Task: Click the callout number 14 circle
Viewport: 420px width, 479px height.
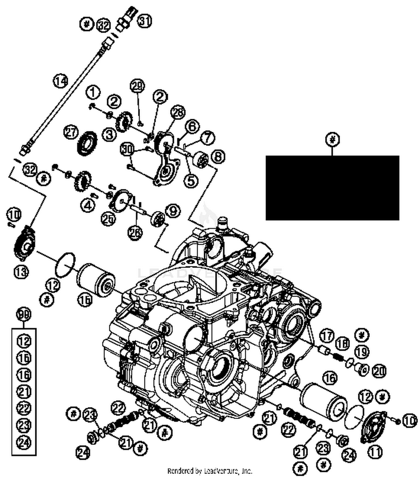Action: (61, 81)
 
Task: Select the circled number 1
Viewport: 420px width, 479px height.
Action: (93, 92)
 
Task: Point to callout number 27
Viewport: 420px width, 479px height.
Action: (71, 132)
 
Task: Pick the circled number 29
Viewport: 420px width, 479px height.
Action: (137, 86)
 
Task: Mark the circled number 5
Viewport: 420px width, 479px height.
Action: (190, 181)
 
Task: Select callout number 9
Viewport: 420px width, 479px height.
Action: (173, 210)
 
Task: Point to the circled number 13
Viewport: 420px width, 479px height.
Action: (21, 272)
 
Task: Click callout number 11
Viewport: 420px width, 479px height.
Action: (375, 452)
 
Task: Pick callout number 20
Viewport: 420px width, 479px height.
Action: (379, 371)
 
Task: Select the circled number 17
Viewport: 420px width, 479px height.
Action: (327, 336)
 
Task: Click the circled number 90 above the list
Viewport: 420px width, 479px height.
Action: (24, 314)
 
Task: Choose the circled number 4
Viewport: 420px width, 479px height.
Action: (88, 206)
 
